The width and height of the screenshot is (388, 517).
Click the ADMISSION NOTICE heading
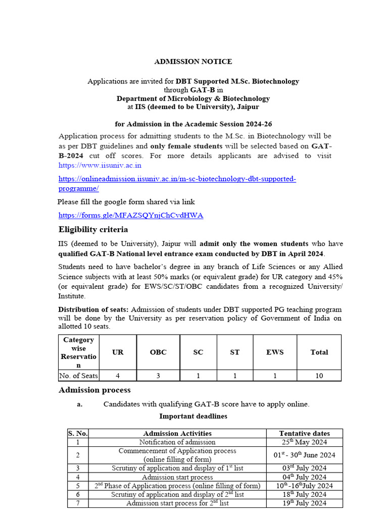pos(193,62)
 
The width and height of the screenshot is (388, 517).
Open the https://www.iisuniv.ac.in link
pos(100,165)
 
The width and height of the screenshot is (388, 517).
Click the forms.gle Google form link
pos(131,215)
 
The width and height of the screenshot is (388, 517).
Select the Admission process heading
pos(94,390)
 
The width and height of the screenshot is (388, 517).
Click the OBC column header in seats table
pos(158,352)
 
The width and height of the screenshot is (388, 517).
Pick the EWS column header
pos(275,352)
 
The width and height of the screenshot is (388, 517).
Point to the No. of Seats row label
pos(78,376)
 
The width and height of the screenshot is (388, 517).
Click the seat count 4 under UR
pos(118,376)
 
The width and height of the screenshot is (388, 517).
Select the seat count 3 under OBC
pos(158,376)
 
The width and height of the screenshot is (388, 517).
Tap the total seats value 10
pos(319,376)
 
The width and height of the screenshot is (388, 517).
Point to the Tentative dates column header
pos(304,433)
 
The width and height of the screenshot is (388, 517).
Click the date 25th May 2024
pos(304,442)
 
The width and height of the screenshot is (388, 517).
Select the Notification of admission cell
pos(177,442)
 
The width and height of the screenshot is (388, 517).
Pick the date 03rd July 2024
pos(304,468)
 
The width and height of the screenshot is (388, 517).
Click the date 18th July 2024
pos(304,494)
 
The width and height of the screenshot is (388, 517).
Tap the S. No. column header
pos(78,433)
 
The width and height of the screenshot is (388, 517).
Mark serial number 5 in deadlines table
pos(78,486)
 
